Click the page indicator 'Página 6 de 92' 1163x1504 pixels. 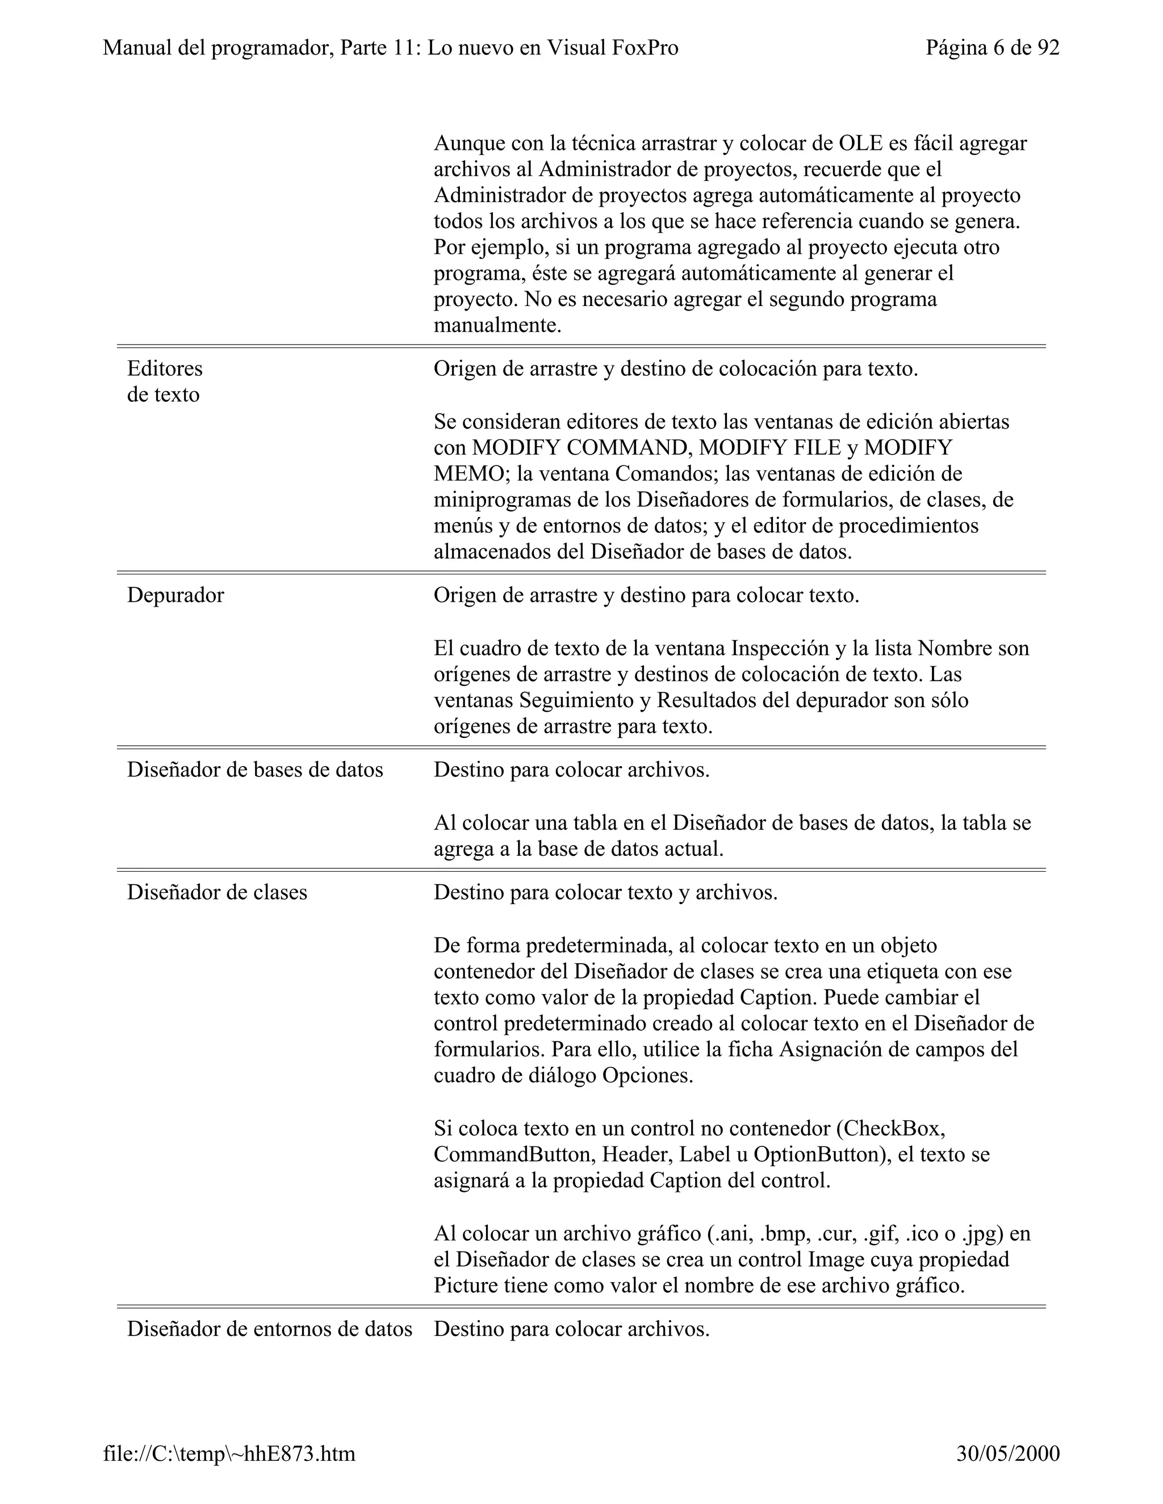pos(992,48)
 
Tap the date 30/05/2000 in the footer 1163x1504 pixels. pos(1008,1453)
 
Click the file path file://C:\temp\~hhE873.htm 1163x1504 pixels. pos(229,1453)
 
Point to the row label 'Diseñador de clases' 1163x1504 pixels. pos(217,893)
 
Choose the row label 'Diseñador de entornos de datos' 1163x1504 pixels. pos(269,1329)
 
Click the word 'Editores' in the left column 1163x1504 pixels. pos(165,368)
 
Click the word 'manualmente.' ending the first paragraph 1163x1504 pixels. pos(497,325)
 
